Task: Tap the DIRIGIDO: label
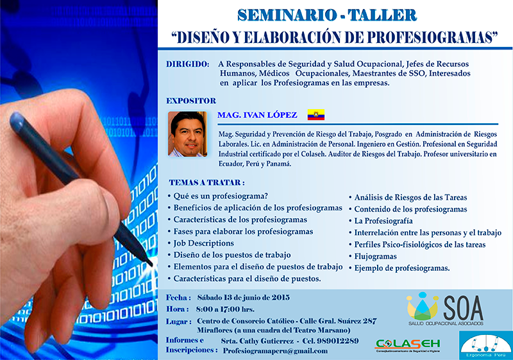pyautogui.click(x=187, y=64)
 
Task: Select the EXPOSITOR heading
pyautogui.click(x=191, y=101)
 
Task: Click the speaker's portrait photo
pyautogui.click(x=187, y=134)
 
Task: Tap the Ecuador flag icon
pyautogui.click(x=315, y=114)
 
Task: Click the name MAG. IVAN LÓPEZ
pyautogui.click(x=257, y=115)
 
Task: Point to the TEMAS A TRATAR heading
pyautogui.click(x=206, y=183)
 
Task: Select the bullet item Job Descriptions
pyautogui.click(x=203, y=243)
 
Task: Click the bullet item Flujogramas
pyautogui.click(x=375, y=256)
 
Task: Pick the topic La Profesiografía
pyautogui.click(x=383, y=221)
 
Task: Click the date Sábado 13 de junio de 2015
pyautogui.click(x=243, y=298)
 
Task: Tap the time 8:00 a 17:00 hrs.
pyautogui.click(x=225, y=309)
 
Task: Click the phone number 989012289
pyautogui.click(x=337, y=341)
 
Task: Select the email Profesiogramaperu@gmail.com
pyautogui.click(x=275, y=351)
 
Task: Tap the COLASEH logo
pyautogui.click(x=408, y=345)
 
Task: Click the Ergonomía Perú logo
pyautogui.click(x=485, y=346)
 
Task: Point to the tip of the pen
pyautogui.click(x=151, y=264)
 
